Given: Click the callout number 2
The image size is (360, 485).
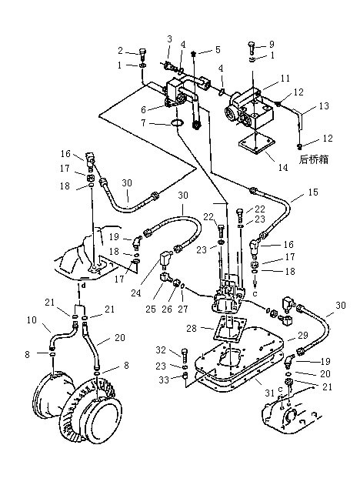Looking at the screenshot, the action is point(121,50).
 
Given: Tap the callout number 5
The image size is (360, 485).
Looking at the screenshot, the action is point(218,50).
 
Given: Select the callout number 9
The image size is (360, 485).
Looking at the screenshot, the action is point(272,44).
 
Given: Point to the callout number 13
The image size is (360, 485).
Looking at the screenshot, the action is point(324,106).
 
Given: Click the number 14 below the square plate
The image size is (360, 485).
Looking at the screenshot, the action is point(283,167).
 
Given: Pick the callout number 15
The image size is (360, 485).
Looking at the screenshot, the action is point(313,192).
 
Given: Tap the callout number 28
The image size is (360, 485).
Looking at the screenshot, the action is point(192,328).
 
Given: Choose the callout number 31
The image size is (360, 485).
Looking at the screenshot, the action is point(270,393).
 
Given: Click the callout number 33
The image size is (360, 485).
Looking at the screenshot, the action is point(164,380).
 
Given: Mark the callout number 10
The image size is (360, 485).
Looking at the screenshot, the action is point(32,319).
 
